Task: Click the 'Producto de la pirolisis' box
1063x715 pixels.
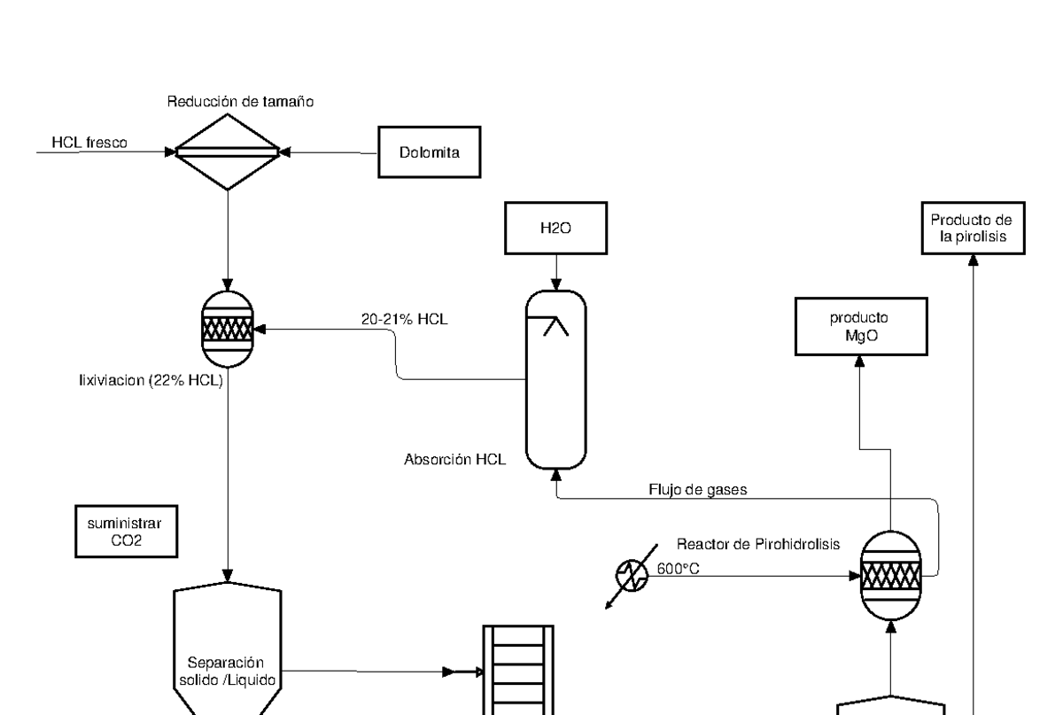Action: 973,228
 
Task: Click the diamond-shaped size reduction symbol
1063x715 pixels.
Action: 229,152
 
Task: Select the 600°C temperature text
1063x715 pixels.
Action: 679,569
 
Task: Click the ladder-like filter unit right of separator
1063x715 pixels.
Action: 516,669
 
